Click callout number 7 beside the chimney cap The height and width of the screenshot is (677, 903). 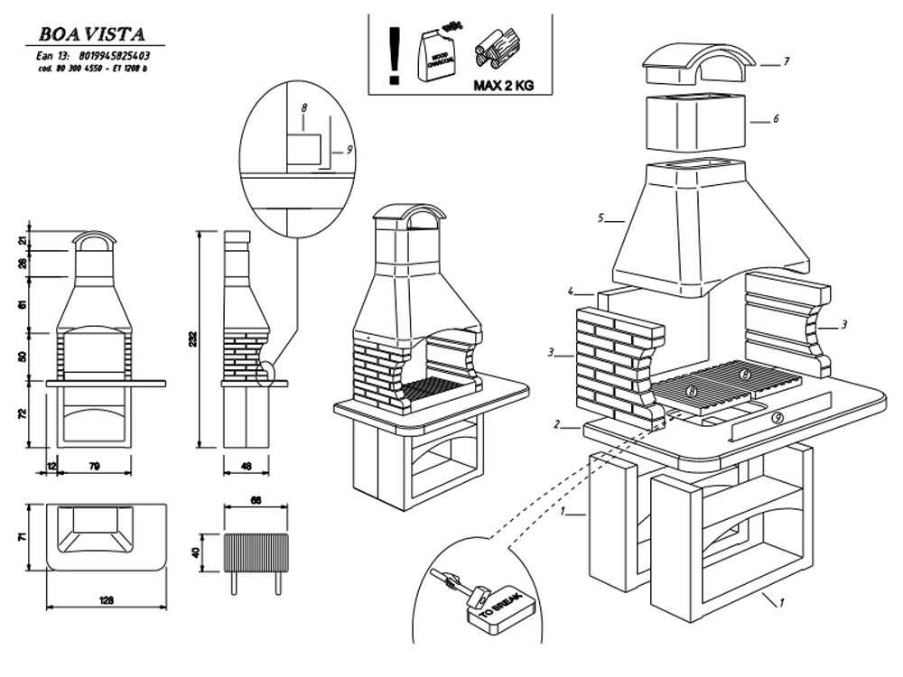pos(787,62)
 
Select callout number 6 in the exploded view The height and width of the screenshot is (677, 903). pos(775,118)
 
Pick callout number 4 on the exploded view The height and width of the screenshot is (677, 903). pos(571,292)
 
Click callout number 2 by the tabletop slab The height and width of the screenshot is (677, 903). pos(558,424)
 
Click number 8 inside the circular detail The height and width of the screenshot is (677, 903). pos(304,107)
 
